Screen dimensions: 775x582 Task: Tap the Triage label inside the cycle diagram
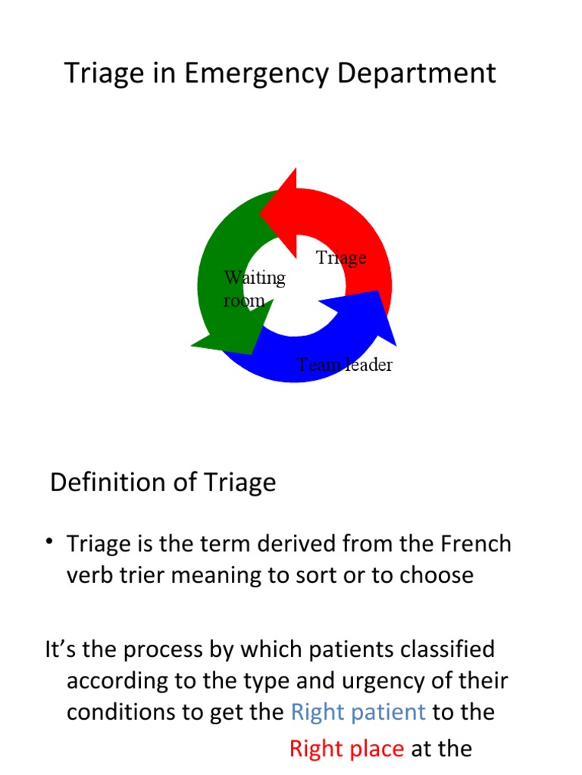click(341, 258)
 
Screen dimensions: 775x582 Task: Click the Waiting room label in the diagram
click(254, 288)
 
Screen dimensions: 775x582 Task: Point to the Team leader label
click(344, 365)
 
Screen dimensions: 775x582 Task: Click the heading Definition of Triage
click(163, 482)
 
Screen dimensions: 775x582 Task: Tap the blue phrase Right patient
click(358, 711)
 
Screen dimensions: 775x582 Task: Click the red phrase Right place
click(346, 749)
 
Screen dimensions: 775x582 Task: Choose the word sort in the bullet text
click(345, 575)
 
